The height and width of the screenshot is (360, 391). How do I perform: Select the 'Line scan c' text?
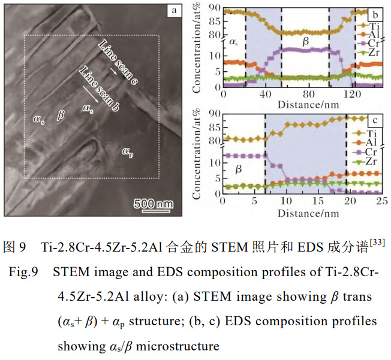click(119, 64)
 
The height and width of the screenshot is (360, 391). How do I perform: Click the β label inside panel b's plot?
click(304, 41)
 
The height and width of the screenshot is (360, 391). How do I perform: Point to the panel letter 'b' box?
click(375, 13)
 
